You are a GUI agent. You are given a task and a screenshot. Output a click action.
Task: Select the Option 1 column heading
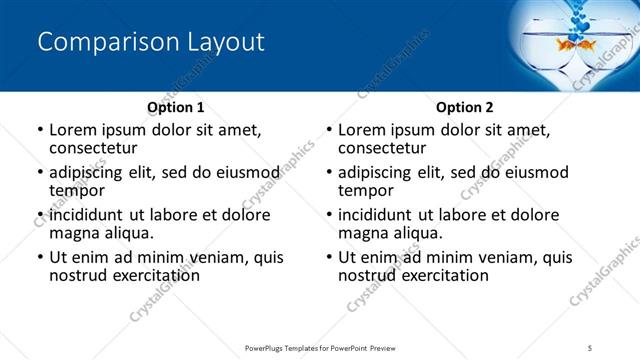[x=176, y=107]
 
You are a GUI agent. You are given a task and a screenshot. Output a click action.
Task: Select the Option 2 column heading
[x=465, y=107]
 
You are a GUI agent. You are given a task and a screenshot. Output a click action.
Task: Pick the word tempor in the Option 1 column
[x=76, y=190]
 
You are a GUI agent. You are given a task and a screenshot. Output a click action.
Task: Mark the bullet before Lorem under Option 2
[x=329, y=130]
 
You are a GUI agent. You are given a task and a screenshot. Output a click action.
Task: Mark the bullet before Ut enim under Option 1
[x=40, y=258]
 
